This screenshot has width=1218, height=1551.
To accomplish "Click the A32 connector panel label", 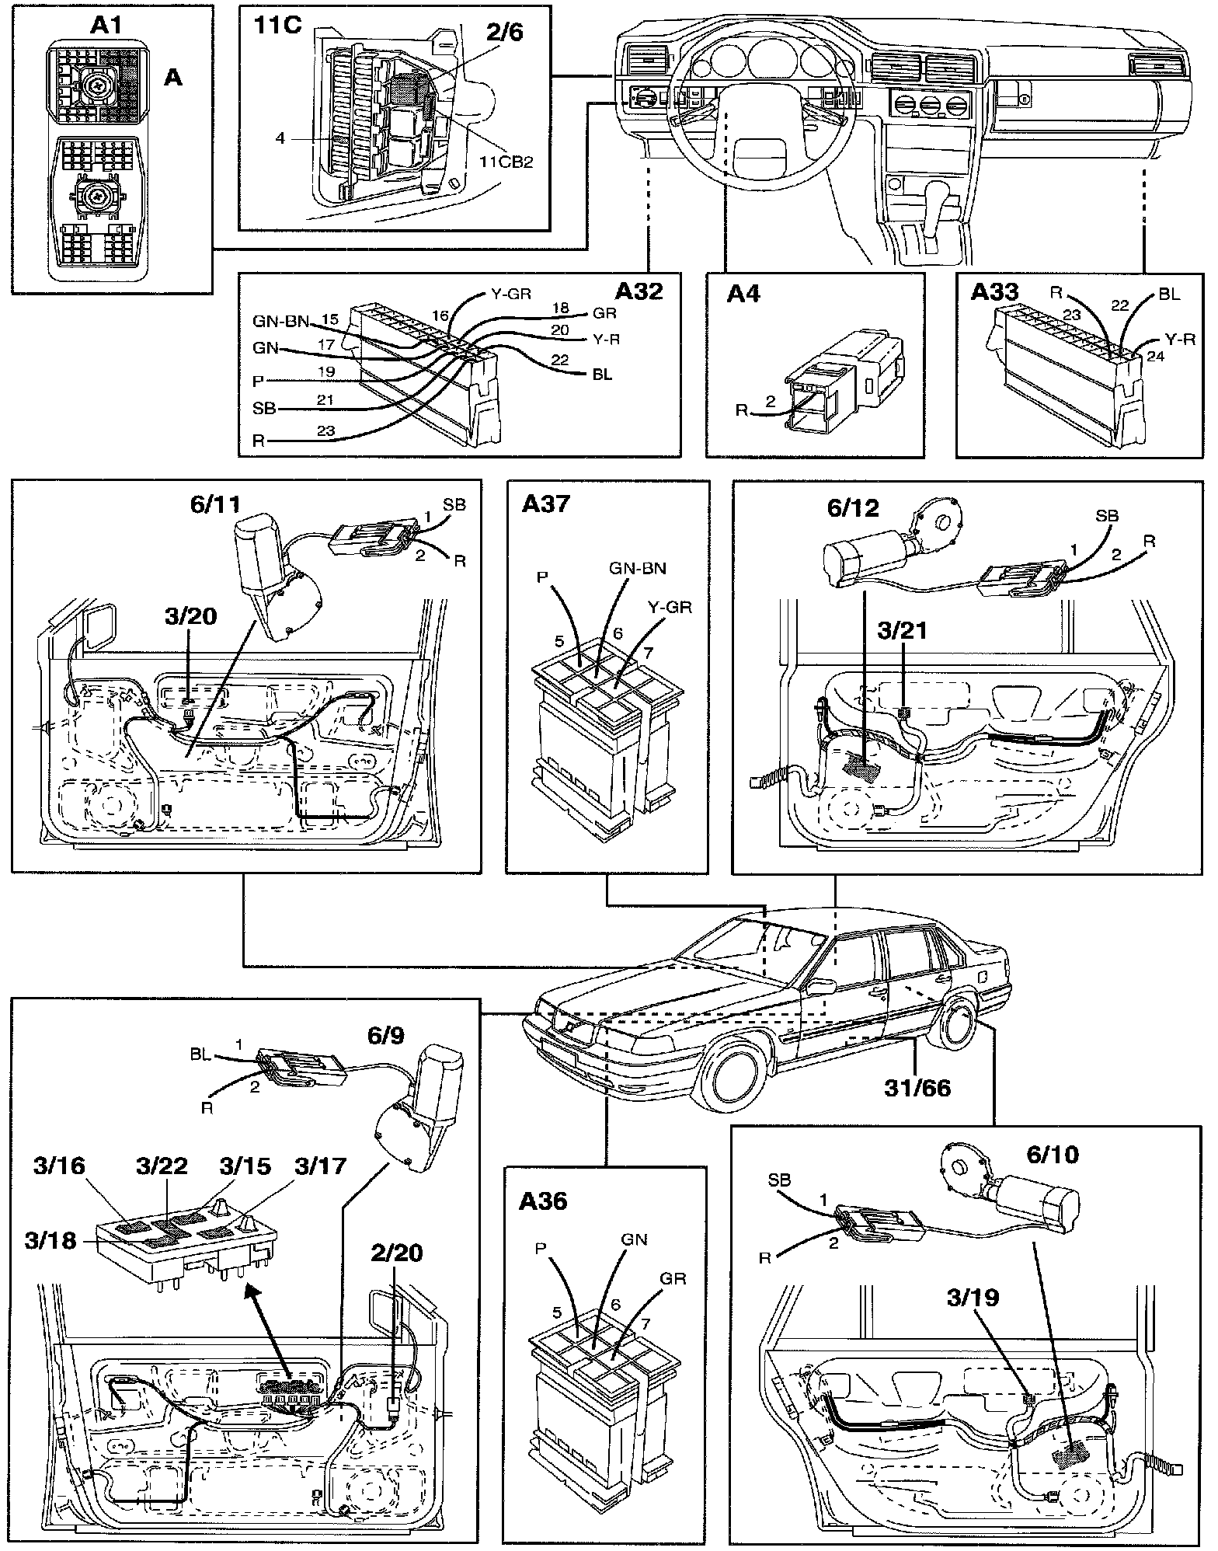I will coord(639,291).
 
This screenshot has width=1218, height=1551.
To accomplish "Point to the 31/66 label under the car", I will coord(917,1087).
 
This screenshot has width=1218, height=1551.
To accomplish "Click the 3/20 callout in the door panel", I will coord(190,618).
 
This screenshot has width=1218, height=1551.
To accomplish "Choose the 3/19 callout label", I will coord(972,1297).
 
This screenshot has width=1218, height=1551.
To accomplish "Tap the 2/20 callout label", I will coord(397,1252).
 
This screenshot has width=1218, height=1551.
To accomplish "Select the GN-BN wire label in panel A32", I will coord(280,321).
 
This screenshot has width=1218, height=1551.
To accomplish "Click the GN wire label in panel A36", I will coord(634,1239).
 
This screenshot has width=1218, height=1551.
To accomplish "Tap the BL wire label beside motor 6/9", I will coord(201,1055).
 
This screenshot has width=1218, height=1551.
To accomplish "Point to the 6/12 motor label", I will coord(853,507).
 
